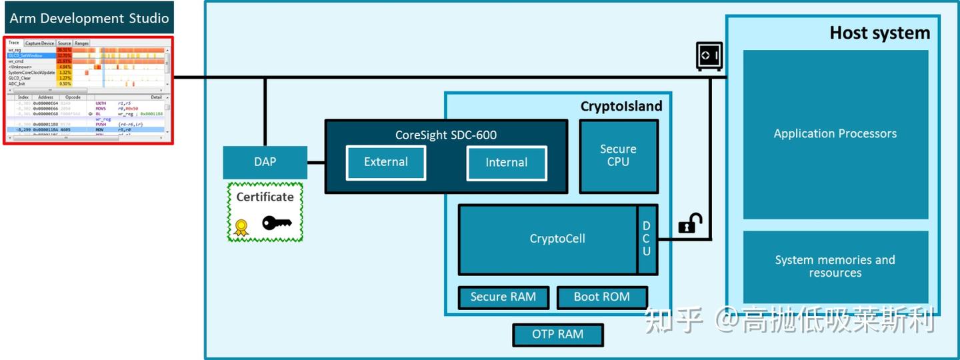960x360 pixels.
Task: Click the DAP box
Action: point(265,162)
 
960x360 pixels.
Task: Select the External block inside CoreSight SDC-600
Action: point(385,163)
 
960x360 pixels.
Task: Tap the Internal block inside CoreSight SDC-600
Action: point(506,163)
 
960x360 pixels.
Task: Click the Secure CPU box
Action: point(618,156)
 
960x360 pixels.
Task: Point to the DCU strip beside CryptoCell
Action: point(647,239)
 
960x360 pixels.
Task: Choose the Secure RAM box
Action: point(503,297)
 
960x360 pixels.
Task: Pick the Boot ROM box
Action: point(601,297)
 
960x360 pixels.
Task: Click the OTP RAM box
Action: point(557,335)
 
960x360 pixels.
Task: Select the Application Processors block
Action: point(835,134)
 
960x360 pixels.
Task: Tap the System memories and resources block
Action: point(835,267)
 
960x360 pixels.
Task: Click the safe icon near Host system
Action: point(709,56)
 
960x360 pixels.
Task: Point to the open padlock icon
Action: point(690,223)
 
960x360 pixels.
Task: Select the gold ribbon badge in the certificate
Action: point(241,227)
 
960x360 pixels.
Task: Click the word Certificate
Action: point(265,197)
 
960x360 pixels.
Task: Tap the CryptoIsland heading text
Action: point(621,107)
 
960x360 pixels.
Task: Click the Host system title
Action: point(879,33)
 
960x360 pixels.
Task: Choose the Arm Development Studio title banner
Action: point(89,18)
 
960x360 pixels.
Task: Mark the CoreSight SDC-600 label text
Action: point(445,135)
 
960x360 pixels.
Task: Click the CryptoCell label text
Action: point(557,239)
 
